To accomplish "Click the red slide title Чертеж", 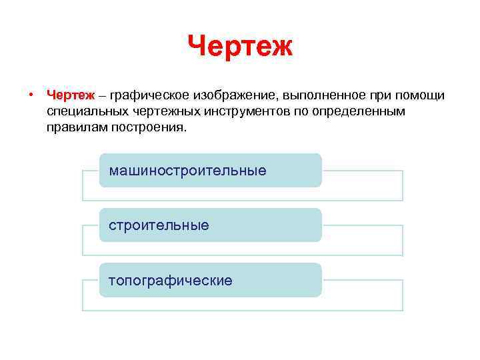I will [x=240, y=47].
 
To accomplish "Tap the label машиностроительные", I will [x=188, y=171].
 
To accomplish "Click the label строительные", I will [x=159, y=225].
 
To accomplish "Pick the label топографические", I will [x=171, y=280].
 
